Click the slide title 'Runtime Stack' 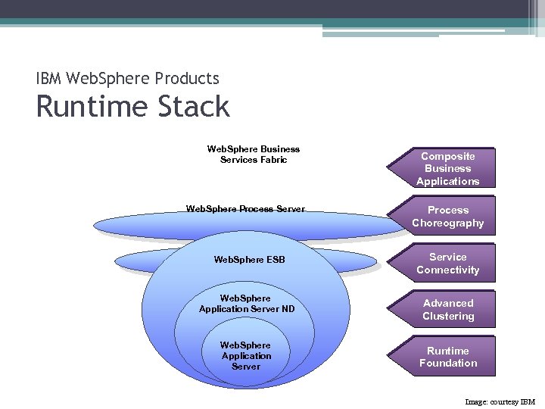[132, 107]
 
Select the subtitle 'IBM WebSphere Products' [128, 78]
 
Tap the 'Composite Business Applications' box [447, 168]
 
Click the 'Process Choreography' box [447, 216]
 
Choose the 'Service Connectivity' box [447, 264]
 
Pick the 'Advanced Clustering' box [447, 309]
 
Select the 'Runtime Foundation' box [447, 357]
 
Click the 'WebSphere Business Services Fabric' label [253, 155]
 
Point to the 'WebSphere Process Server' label [245, 208]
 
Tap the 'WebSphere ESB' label [249, 260]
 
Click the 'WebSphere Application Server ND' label [247, 303]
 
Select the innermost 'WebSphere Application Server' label [246, 355]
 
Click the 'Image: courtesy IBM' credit [500, 401]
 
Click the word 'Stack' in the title [194, 107]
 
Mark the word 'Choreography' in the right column [447, 223]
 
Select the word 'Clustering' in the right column [447, 316]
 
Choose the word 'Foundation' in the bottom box [447, 363]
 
